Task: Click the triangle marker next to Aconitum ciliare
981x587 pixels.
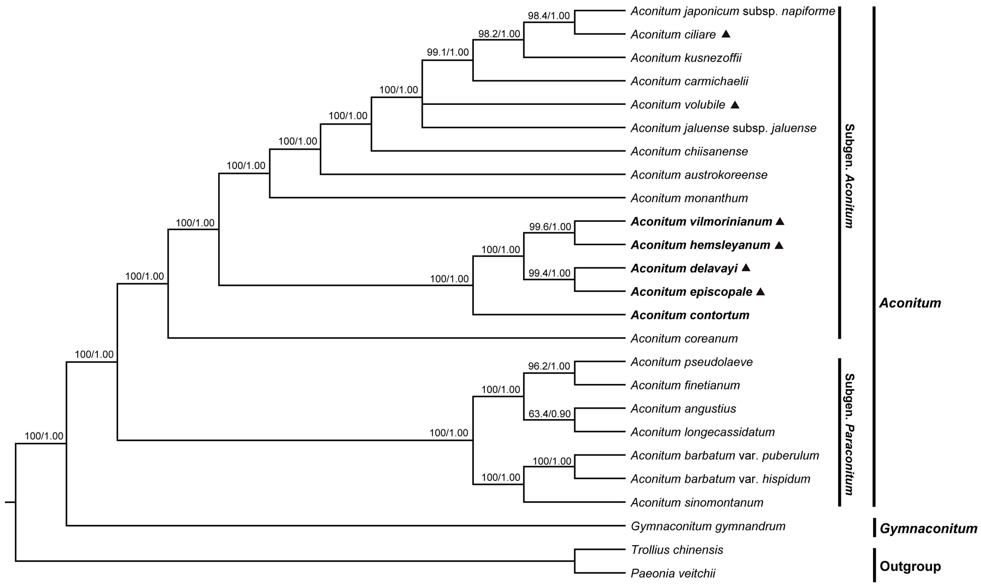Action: click(x=725, y=34)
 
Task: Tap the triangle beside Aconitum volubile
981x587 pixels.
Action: click(x=735, y=104)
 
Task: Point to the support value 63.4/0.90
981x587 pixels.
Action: click(x=550, y=414)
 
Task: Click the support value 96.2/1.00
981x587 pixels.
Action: click(x=549, y=366)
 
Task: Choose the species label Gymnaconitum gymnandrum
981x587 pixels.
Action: click(x=708, y=526)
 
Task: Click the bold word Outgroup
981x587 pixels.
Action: click(x=910, y=566)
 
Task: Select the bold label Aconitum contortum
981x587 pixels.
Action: click(x=690, y=315)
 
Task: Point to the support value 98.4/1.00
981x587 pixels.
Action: click(x=549, y=16)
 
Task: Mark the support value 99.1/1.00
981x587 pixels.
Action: click(x=447, y=52)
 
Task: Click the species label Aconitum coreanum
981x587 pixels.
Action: click(x=684, y=339)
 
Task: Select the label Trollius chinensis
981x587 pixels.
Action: click(x=677, y=550)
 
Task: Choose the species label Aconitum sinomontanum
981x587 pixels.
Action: click(x=697, y=503)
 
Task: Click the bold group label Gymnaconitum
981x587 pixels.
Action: click(x=928, y=529)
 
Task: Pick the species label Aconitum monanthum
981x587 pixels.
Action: click(x=689, y=198)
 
